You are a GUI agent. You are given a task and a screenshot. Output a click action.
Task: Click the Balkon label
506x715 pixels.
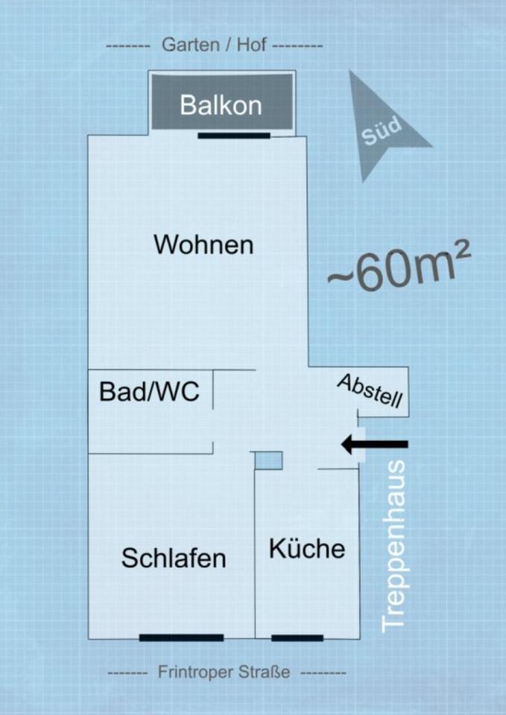coord(221,105)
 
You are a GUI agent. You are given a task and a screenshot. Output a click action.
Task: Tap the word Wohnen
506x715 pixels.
coord(203,244)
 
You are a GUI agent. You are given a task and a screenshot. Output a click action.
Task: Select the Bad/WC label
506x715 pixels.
coord(149,392)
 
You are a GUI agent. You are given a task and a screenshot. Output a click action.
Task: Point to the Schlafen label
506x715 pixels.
coord(174,558)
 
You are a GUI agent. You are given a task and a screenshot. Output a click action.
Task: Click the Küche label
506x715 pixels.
coord(307,549)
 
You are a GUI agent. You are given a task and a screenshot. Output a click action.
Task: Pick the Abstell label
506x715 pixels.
coord(370,392)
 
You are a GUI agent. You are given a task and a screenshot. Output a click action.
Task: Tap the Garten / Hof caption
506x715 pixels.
coord(215,45)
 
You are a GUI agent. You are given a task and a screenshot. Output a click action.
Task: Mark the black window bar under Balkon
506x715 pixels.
coord(234,136)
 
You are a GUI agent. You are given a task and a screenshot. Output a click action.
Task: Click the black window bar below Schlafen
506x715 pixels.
coord(181,638)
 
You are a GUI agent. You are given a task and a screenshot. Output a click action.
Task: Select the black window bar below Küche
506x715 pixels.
coord(297,638)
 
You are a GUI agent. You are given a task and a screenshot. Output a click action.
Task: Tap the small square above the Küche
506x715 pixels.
coord(268,460)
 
